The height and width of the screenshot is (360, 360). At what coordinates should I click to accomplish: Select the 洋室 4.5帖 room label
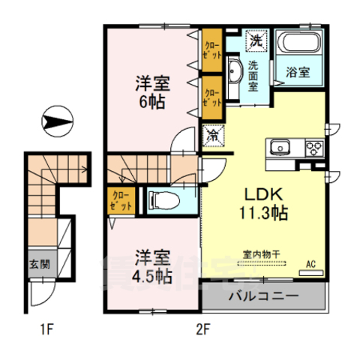151,265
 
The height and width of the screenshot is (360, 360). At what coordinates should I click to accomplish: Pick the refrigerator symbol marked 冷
213,135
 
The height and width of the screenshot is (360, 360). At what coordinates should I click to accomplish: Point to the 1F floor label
47,328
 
